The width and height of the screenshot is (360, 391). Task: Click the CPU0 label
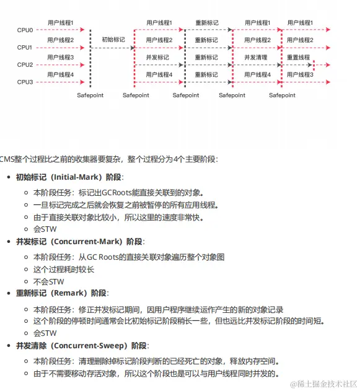pyautogui.click(x=25, y=30)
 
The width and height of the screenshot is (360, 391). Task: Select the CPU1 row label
pyautogui.click(x=25, y=47)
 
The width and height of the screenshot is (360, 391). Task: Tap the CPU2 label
pyautogui.click(x=25, y=64)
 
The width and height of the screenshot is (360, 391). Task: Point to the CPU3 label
pyautogui.click(x=25, y=82)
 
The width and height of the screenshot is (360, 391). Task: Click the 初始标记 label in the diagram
pyautogui.click(x=113, y=40)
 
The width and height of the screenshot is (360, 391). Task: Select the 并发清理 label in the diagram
pyautogui.click(x=255, y=57)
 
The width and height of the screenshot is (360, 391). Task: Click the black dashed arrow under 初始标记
pyautogui.click(x=113, y=47)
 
